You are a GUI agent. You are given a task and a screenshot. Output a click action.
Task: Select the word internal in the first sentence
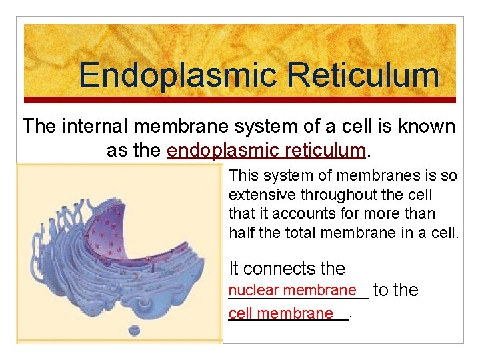[101, 125]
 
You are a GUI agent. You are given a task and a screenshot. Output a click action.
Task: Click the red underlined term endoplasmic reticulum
[267, 150]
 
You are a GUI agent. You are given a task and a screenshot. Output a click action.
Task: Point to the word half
[242, 232]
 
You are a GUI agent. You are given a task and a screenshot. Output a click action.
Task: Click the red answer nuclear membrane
[292, 290]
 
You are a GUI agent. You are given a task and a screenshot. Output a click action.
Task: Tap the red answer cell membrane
[281, 313]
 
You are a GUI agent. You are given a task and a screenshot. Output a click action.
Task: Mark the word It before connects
[235, 269]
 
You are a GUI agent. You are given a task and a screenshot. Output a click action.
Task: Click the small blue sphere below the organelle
[135, 329]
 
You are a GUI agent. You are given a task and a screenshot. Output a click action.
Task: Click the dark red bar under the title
[240, 100]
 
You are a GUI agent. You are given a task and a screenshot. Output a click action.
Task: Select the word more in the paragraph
[397, 213]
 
